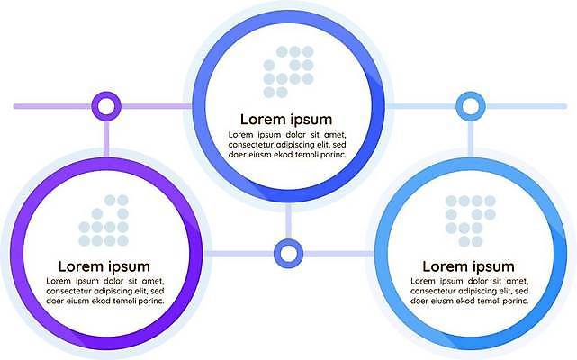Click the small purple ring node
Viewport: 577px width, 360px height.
tap(106, 106)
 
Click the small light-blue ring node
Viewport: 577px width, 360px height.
tap(469, 106)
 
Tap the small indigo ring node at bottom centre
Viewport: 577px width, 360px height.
tap(288, 253)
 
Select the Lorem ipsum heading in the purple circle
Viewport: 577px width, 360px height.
tap(104, 266)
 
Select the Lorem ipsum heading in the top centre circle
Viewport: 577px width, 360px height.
tap(286, 119)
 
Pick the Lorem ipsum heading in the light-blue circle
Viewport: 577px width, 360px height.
tap(468, 266)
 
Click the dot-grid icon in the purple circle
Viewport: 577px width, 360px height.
tap(103, 221)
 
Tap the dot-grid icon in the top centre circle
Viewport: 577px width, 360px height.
tap(288, 72)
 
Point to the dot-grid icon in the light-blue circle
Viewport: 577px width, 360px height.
tap(470, 221)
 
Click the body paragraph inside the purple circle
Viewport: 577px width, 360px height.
tap(104, 292)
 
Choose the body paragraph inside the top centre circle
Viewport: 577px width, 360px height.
tap(286, 144)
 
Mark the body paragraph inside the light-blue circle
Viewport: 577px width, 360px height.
tap(468, 292)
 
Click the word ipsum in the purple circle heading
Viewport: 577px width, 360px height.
tap(127, 266)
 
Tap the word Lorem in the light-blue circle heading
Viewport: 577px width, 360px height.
tap(445, 266)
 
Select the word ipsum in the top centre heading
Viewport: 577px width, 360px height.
tap(310, 119)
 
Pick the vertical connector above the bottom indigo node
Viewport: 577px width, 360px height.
tap(288, 223)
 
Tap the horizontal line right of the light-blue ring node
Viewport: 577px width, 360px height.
tap(527, 106)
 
